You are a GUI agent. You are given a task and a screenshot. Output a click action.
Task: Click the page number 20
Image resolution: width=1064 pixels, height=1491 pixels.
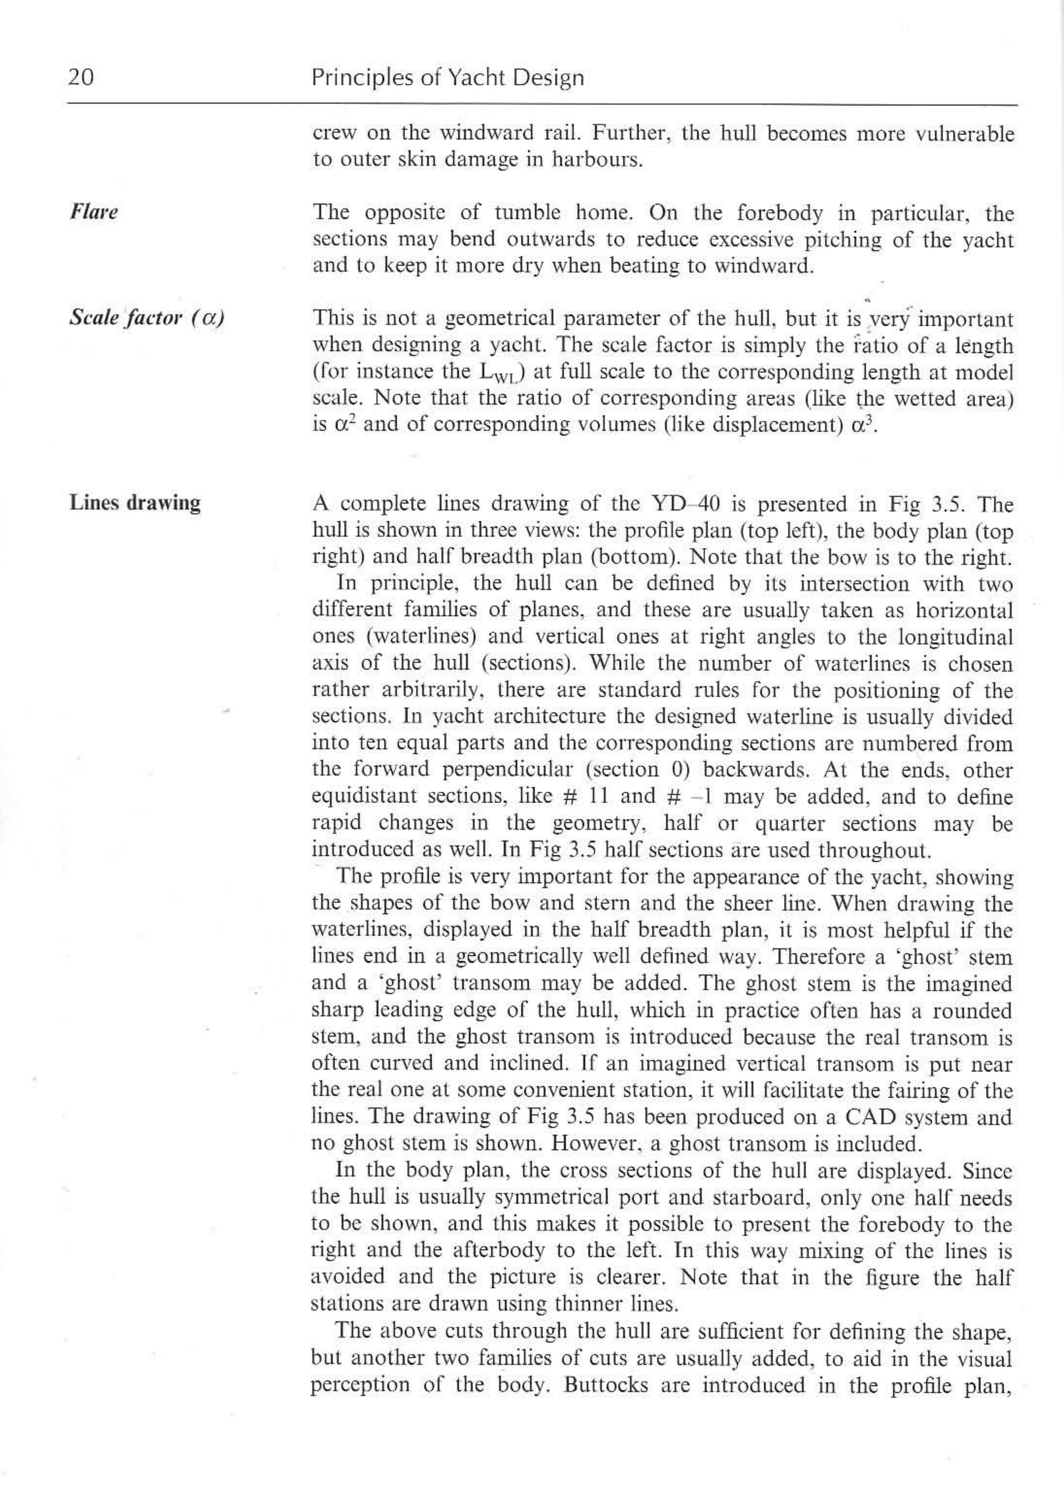pyautogui.click(x=81, y=78)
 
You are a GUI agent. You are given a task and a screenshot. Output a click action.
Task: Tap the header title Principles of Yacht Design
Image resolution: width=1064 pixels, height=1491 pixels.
pyautogui.click(x=447, y=78)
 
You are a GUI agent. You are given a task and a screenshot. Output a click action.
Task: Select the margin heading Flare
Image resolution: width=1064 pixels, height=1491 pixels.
pyautogui.click(x=94, y=213)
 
